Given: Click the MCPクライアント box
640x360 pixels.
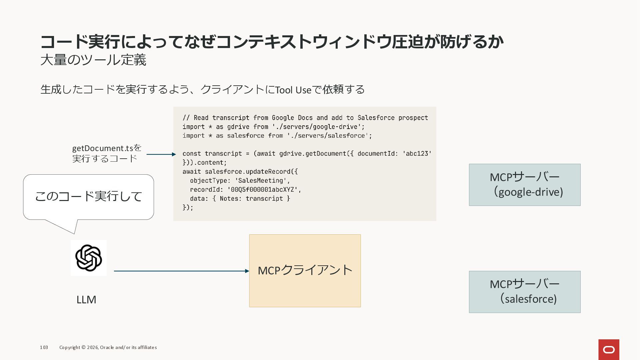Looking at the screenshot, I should pos(305,271).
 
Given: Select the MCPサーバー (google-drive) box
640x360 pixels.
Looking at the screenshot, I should pos(524,185).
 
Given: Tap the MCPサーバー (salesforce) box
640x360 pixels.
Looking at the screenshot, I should pos(524,292).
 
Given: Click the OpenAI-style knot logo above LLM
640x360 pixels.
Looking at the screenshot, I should pos(88,258).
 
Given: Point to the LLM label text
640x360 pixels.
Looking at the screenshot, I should pos(86,300).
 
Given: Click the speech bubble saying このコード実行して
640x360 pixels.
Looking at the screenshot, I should pos(88,197).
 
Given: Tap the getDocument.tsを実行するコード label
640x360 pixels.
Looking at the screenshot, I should pos(107,153).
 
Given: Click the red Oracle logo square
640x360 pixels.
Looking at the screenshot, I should pos(609,350).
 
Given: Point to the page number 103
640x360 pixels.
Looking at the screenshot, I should pos(44,347).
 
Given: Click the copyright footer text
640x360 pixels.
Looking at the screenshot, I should pos(108,347).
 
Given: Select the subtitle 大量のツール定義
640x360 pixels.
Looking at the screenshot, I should pos(93,60).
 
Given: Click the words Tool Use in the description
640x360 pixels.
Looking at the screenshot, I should pos(293,90).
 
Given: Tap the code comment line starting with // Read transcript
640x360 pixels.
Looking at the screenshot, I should pos(305,118).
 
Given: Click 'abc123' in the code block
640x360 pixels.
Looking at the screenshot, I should pos(417,154).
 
